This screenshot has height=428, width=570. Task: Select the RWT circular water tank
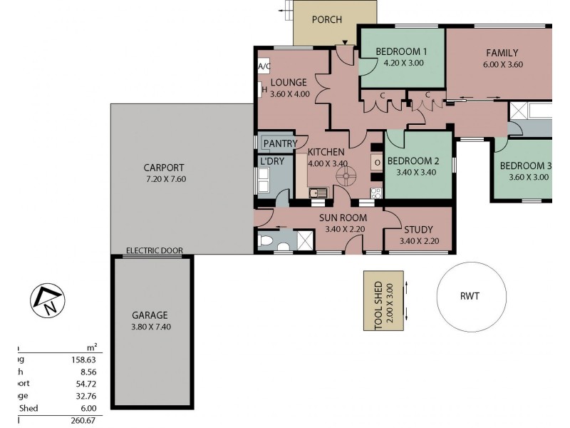(468, 297)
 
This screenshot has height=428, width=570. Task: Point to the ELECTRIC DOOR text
(154, 250)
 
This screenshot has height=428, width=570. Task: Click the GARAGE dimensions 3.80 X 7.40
(151, 327)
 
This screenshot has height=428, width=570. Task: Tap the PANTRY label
(280, 143)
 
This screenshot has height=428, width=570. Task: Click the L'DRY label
(272, 163)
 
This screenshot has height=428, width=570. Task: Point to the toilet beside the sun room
(266, 242)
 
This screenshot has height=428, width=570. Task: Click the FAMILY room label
(502, 52)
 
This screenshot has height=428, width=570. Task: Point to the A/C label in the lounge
(264, 66)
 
